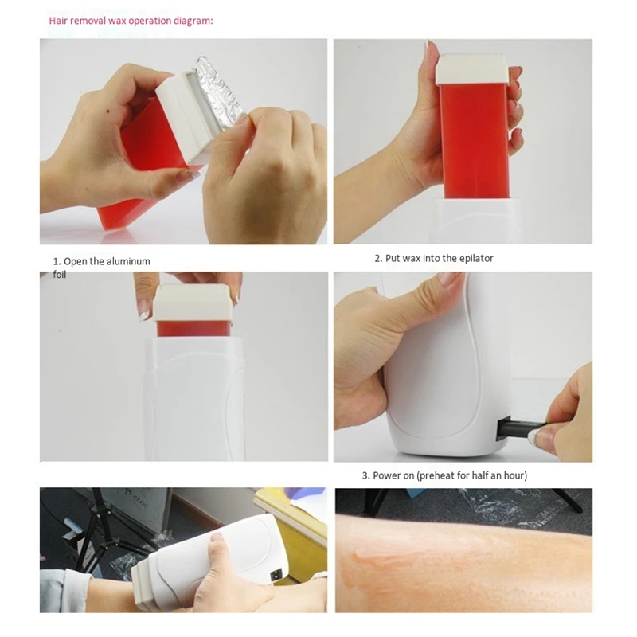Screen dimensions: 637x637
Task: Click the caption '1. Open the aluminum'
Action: click(101, 261)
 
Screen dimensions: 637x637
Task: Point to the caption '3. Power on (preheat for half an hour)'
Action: click(444, 475)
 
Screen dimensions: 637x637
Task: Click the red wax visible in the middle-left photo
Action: click(196, 328)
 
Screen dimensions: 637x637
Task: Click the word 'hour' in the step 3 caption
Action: click(513, 475)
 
